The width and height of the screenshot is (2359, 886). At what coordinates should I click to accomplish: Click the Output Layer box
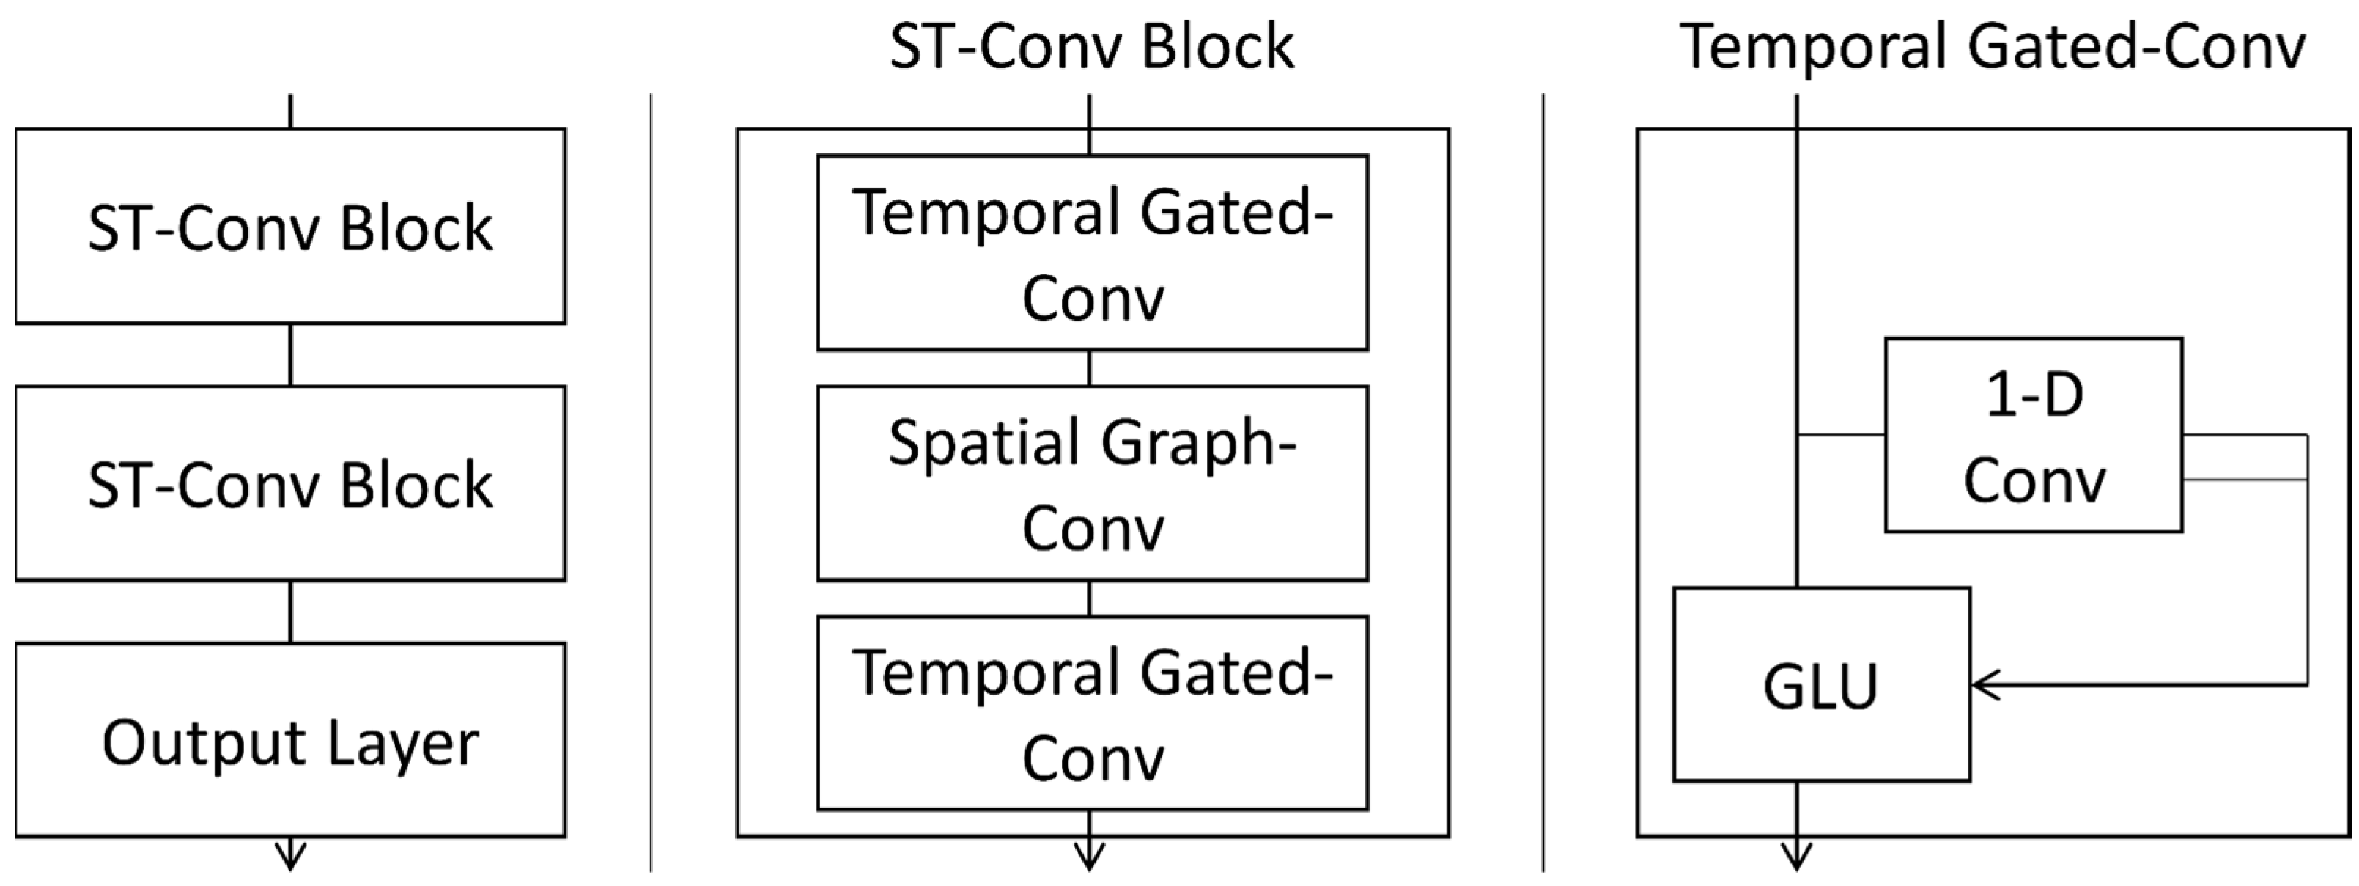(290, 740)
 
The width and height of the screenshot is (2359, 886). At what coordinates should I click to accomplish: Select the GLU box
(1820, 684)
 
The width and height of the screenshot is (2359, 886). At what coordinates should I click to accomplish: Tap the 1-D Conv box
(2033, 435)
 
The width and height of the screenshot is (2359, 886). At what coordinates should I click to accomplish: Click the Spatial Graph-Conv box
(1092, 483)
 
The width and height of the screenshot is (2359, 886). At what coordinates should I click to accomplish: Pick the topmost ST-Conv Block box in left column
(290, 227)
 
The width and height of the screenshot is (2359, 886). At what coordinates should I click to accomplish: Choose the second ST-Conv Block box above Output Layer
(290, 483)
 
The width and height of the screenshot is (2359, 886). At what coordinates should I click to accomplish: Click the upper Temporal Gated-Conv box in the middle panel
(1092, 253)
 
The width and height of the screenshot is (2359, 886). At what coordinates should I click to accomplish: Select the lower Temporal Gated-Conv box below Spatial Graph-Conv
(1092, 713)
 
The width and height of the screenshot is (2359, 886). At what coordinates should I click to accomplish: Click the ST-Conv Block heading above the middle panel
(1092, 48)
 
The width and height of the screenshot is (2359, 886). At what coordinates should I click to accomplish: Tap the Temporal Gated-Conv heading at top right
(1993, 48)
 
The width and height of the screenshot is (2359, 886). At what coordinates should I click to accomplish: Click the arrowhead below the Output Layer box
(290, 860)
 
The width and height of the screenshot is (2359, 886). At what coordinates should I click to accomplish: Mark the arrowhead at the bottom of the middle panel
(1089, 860)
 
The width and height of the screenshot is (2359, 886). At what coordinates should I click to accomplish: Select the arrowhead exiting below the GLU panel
(1797, 860)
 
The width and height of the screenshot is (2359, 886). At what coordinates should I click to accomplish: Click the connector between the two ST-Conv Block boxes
(290, 354)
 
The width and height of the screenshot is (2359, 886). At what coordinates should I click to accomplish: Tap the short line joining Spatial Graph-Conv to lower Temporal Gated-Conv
(1089, 598)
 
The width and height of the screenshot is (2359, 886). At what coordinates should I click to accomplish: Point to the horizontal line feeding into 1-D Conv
(1841, 434)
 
